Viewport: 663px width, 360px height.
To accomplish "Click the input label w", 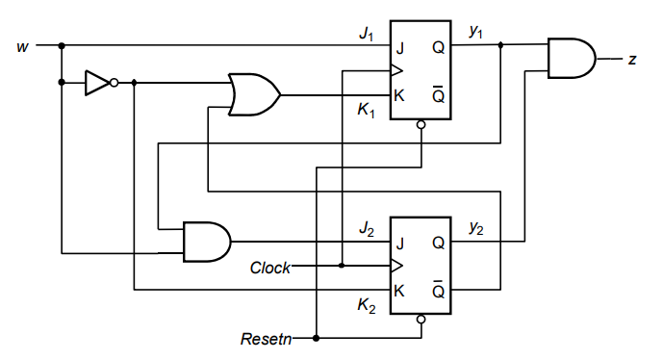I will coord(22,45).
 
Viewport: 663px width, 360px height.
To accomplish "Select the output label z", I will coord(631,59).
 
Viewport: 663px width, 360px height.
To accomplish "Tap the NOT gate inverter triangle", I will coord(97,83).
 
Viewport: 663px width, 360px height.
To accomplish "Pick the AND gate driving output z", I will coord(571,59).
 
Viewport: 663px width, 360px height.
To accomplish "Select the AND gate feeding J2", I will coord(206,242).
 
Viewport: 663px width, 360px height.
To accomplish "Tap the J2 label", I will coord(367,228).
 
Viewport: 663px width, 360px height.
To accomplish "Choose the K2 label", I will coord(367,305).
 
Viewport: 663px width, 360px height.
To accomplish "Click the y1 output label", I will coord(475,33).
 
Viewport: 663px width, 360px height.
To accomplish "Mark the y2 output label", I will coord(475,228).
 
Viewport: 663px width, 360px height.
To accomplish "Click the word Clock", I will coord(270,268).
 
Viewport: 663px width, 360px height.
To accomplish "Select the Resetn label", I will coord(263,339).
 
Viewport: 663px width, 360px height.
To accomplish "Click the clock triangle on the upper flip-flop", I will coord(395,70).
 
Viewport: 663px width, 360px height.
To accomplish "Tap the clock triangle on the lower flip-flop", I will coord(395,266).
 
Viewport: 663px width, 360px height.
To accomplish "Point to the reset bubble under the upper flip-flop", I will coord(421,125).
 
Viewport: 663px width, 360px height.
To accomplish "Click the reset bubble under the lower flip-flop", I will coord(421,321).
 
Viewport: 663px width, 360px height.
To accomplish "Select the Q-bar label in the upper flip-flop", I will coord(438,95).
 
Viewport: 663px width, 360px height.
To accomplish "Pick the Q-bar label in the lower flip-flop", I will coord(438,291).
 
